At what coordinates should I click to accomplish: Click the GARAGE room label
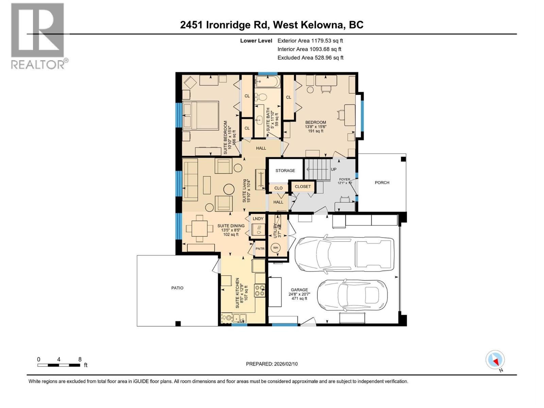click(x=299, y=290)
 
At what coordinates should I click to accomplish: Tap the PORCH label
click(x=382, y=183)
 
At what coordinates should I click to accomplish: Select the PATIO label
click(x=177, y=288)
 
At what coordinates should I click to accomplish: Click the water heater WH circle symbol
click(x=275, y=248)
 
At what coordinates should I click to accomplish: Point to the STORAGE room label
click(x=285, y=170)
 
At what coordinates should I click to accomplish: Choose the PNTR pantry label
click(x=260, y=249)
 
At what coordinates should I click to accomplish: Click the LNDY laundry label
click(x=258, y=219)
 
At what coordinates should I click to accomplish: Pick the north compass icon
click(x=495, y=360)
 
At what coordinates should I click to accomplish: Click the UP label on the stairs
click(x=334, y=169)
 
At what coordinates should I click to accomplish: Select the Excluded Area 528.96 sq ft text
click(x=310, y=58)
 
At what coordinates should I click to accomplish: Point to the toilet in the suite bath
click(x=261, y=97)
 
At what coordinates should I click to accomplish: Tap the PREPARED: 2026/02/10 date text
click(x=272, y=364)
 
